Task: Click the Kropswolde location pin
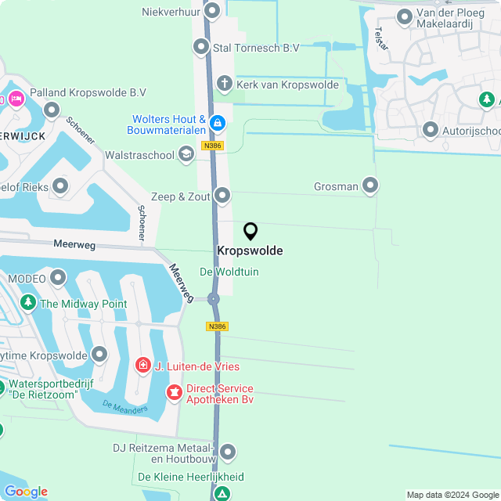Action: pos(250,231)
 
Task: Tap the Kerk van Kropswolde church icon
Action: pos(224,84)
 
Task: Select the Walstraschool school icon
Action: pos(186,153)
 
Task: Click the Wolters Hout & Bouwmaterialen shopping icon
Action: pos(218,124)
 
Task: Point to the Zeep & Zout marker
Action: pos(223,195)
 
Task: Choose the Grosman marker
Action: pos(370,186)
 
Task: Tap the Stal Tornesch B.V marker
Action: pos(200,47)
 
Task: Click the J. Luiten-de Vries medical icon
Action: pos(142,365)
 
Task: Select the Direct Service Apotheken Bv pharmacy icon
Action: pos(174,392)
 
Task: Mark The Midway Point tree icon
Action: pos(28,303)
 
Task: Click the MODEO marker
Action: pos(59,277)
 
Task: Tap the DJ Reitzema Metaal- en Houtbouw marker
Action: pos(228,452)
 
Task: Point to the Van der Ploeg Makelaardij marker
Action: pos(405,16)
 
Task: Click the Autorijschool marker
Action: pos(430,129)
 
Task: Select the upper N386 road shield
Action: pos(211,146)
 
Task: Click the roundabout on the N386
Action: pos(214,298)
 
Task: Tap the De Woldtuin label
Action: pos(229,272)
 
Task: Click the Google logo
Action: pos(26,491)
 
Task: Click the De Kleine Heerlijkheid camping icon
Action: pos(223,493)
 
